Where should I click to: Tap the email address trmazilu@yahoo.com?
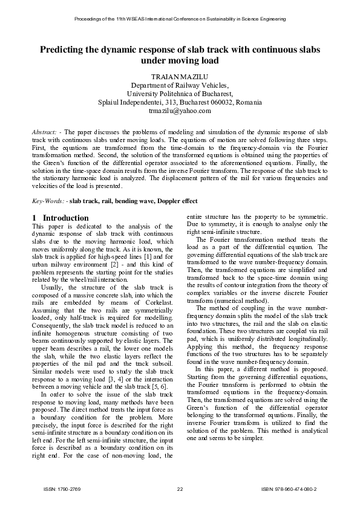point(180,111)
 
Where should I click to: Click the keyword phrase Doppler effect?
point(177,201)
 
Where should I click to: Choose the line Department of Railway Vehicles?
point(180,86)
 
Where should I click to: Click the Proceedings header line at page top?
point(180,19)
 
